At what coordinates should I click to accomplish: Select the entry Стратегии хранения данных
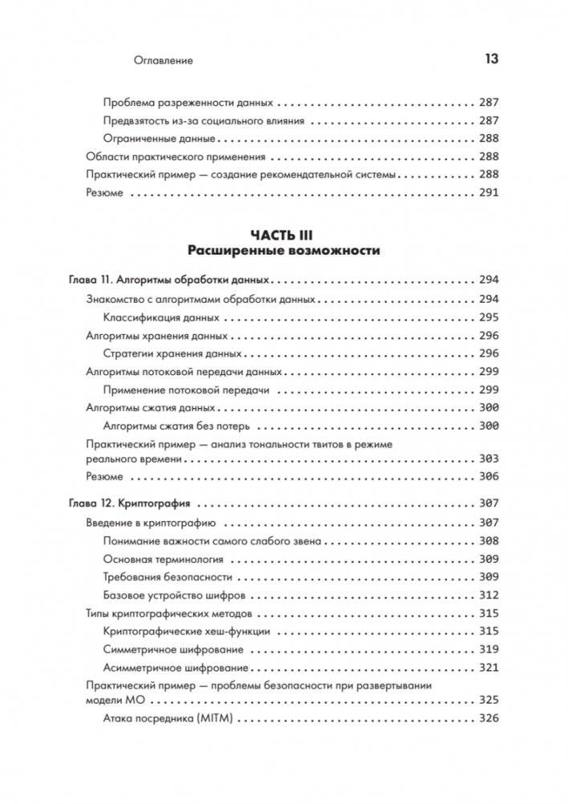pos(172,353)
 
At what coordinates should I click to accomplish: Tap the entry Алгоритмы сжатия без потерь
pos(177,426)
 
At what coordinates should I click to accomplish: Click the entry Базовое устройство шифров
pos(175,595)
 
